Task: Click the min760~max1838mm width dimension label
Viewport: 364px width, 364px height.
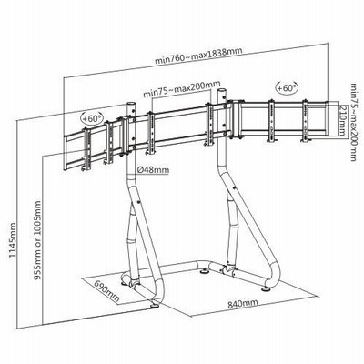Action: click(198, 56)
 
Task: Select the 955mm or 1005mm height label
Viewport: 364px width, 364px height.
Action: click(37, 240)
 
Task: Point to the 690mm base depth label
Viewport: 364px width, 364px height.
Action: click(106, 291)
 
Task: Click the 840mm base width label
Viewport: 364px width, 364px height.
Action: click(243, 303)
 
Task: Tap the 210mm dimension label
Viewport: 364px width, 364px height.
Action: click(342, 120)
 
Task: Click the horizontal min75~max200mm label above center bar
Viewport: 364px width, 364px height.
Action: click(182, 88)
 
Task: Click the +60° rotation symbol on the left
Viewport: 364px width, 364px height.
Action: click(93, 118)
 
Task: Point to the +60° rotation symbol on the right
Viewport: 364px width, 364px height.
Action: click(287, 88)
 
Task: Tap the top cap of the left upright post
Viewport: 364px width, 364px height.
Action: click(131, 104)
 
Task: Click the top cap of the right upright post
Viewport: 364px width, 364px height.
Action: click(222, 90)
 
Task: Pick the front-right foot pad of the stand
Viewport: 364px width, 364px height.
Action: click(267, 288)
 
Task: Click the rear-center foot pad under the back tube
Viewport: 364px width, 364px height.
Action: click(204, 271)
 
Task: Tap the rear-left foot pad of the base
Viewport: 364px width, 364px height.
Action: click(125, 284)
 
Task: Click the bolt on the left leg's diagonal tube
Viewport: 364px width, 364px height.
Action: click(138, 203)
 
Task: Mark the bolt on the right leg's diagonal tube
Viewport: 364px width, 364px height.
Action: click(234, 188)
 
